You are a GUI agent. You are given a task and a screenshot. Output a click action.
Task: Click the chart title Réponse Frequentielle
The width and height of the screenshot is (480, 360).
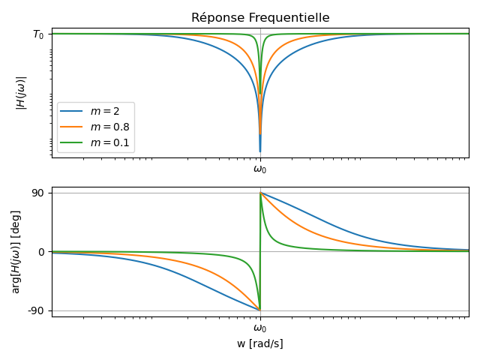260,18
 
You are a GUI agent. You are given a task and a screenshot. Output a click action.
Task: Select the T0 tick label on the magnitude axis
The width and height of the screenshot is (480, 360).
38,34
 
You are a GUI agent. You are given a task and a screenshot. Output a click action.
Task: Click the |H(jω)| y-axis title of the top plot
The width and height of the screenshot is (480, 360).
21,93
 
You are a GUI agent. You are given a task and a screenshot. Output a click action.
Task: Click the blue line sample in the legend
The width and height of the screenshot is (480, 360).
73,111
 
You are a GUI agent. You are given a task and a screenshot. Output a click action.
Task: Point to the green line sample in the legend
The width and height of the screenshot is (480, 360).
73,142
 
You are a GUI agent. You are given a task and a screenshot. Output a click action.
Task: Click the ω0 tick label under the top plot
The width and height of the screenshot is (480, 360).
260,169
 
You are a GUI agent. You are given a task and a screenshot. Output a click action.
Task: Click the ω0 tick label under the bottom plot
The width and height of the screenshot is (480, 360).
260,328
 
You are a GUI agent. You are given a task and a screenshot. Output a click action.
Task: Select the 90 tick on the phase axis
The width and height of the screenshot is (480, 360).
37,193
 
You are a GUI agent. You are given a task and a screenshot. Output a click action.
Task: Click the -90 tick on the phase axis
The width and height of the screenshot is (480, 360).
35,310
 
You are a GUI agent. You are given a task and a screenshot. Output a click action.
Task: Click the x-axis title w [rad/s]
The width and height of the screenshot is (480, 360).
260,343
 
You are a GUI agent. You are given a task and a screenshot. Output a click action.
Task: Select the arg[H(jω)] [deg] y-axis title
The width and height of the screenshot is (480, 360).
16,251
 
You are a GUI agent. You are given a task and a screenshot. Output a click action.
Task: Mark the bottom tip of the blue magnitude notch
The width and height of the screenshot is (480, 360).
260,151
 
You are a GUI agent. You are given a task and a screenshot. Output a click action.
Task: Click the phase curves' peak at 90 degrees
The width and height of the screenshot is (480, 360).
260,193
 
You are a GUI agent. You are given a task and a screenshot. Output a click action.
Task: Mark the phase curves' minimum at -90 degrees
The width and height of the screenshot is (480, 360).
259,310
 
